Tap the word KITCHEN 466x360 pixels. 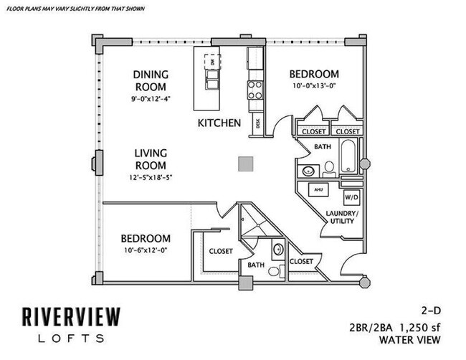(x=219, y=123)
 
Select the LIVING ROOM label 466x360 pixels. (x=151, y=159)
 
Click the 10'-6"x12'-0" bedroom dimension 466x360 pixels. (x=146, y=251)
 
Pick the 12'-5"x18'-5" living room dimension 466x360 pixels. (x=151, y=177)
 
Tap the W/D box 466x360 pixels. (x=351, y=196)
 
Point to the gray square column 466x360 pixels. (x=246, y=164)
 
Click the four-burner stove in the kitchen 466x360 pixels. (x=255, y=89)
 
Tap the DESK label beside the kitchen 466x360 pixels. (x=257, y=123)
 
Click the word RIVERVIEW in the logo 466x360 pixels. (x=70, y=316)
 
